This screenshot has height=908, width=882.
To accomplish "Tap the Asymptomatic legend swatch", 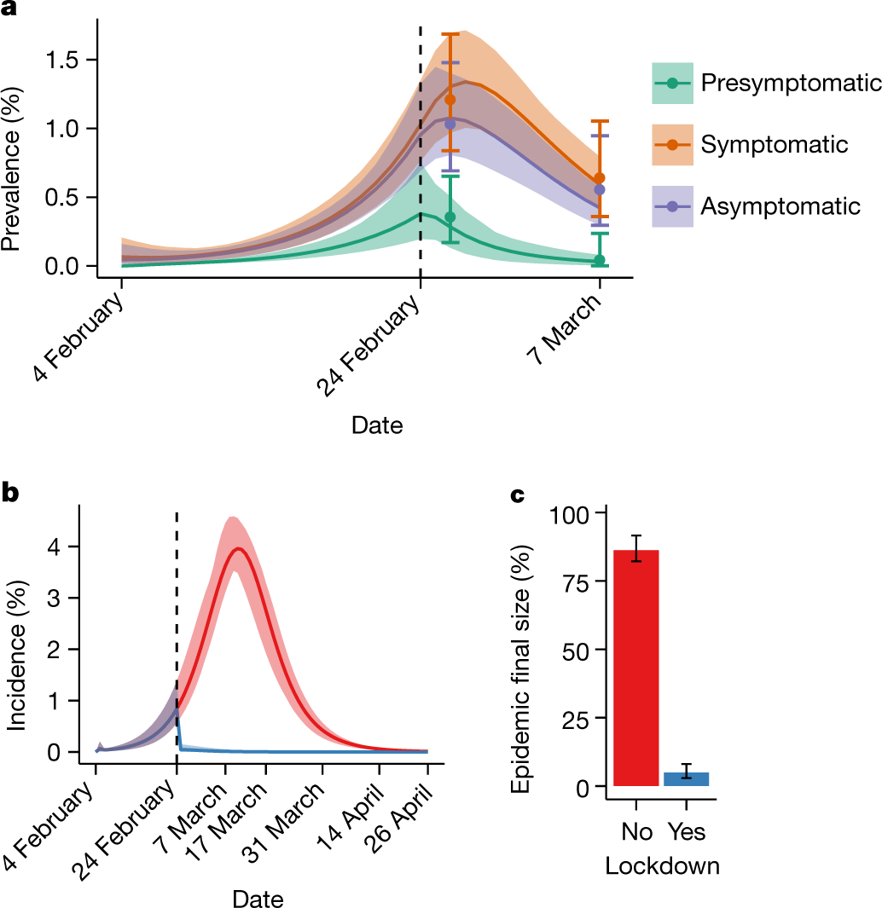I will pyautogui.click(x=672, y=206).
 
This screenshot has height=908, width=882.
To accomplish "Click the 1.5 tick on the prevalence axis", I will pyautogui.click(x=65, y=60).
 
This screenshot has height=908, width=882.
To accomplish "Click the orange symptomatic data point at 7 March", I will pyautogui.click(x=599, y=178).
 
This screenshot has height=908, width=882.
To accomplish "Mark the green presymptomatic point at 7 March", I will pyautogui.click(x=599, y=260).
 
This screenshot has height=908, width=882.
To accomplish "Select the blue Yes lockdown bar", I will pyautogui.click(x=687, y=778).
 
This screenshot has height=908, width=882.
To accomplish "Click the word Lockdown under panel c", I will pyautogui.click(x=662, y=866).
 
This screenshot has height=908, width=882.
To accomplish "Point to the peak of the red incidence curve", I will pyautogui.click(x=240, y=549).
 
